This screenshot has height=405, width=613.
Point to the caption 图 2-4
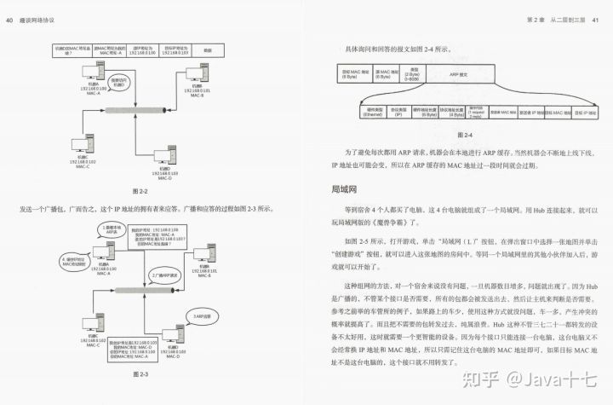(464, 135)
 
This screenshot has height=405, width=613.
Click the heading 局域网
(347, 188)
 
